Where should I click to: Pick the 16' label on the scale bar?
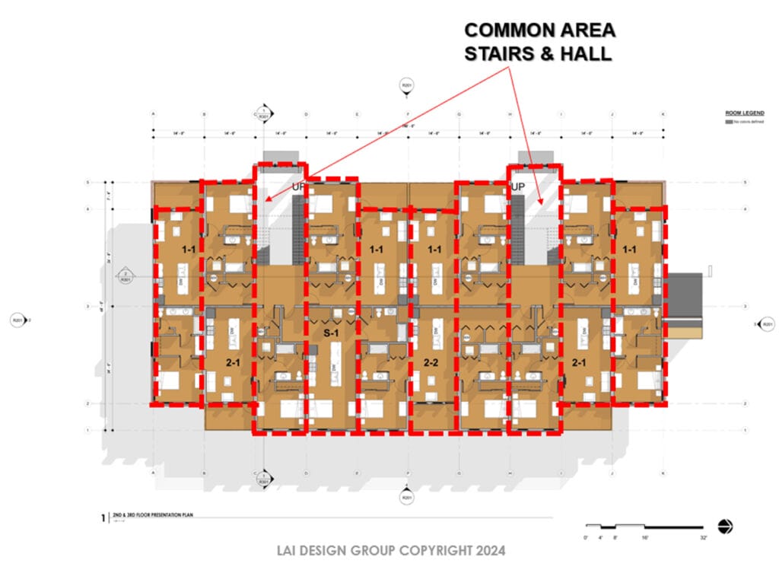click(644, 538)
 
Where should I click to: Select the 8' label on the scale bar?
click(615, 538)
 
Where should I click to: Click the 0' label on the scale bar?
click(585, 538)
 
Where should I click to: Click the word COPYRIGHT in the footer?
click(427, 549)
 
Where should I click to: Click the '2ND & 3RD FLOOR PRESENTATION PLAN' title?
click(153, 515)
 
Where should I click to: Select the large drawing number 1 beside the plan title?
click(103, 518)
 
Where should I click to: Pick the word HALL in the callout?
click(587, 54)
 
